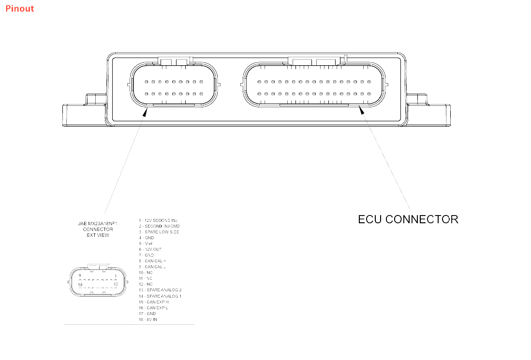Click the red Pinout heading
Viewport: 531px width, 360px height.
[20, 8]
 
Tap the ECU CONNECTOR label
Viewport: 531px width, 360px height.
[408, 219]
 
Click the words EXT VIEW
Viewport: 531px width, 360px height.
[98, 235]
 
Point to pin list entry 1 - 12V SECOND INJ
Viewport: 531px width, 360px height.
[158, 220]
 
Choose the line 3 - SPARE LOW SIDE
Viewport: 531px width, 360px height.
[159, 232]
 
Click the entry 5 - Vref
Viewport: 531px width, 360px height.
[146, 244]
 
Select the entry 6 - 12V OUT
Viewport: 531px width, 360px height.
[150, 249]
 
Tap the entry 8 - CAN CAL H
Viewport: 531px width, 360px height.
[152, 261]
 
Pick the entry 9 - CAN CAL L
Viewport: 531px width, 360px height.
[152, 267]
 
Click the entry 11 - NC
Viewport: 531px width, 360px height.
[146, 278]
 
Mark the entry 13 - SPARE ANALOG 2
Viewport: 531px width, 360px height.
[160, 290]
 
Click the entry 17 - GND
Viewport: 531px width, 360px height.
[147, 314]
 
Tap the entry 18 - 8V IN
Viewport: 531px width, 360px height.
[148, 319]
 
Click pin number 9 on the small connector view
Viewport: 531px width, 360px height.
[80, 276]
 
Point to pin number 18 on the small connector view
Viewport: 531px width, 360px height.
[80, 285]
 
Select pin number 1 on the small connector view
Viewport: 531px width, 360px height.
[116, 276]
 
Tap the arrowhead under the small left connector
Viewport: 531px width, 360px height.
[145, 112]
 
